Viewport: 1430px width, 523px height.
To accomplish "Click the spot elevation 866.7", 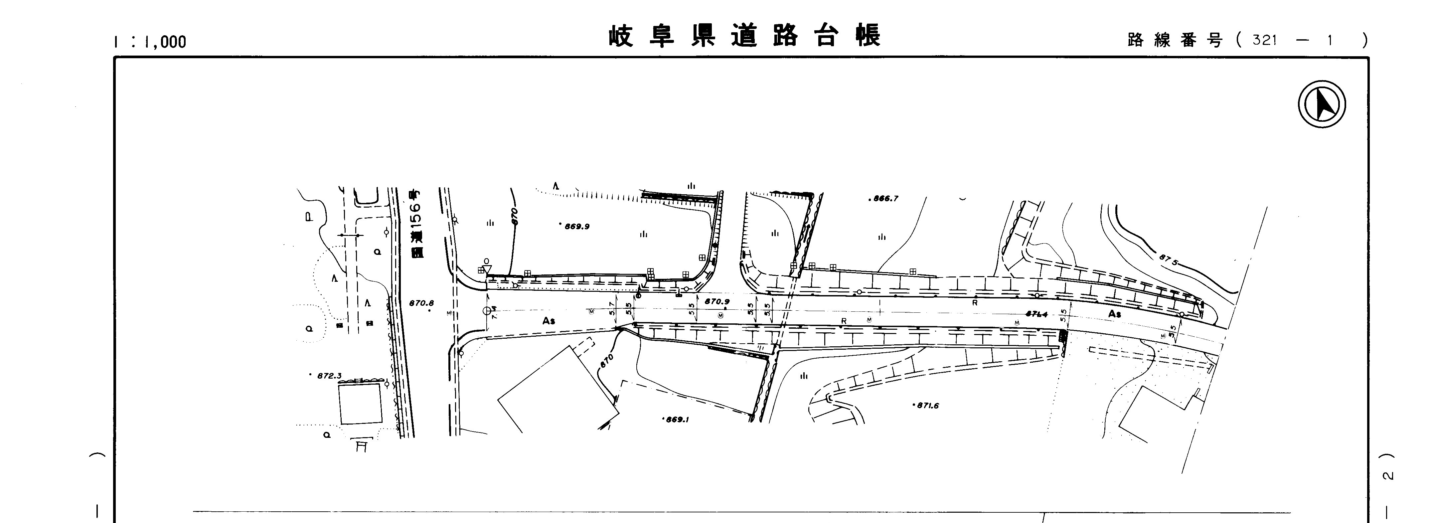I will pos(885,198).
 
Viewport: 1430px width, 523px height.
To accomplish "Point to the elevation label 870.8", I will pos(421,303).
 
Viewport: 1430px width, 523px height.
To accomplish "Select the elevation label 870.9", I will pos(717,301).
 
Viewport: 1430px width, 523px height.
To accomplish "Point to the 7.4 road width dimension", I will pos(494,313).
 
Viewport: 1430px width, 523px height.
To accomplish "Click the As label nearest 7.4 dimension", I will pos(549,321).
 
